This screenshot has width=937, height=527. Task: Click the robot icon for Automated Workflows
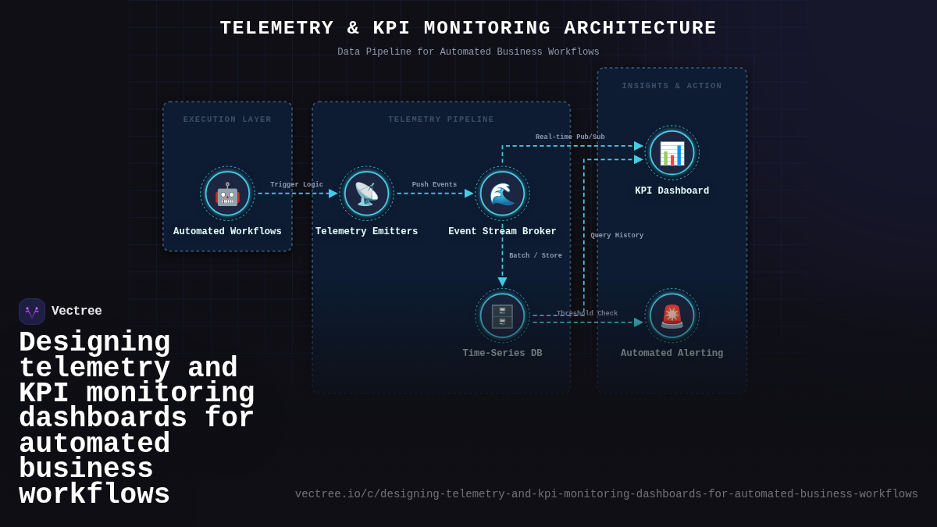click(227, 194)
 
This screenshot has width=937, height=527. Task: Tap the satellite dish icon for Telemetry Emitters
click(366, 194)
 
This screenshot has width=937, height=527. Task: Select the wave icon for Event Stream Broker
click(502, 194)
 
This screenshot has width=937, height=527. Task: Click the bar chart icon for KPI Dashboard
click(672, 153)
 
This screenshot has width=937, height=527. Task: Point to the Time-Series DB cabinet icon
click(502, 315)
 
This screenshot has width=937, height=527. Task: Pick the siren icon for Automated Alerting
click(672, 315)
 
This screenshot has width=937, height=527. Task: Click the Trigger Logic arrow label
click(297, 185)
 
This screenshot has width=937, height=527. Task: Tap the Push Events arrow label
click(434, 185)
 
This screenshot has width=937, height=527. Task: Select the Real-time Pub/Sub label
click(570, 137)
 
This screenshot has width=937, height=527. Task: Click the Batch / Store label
click(536, 256)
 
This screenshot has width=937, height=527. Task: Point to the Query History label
click(617, 236)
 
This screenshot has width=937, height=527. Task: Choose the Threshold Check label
click(587, 314)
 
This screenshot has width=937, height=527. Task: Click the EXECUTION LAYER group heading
click(227, 119)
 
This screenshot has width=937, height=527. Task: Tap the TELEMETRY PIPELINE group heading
click(441, 119)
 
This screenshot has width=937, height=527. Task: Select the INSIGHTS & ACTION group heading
click(672, 86)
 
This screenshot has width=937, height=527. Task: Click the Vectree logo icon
click(32, 312)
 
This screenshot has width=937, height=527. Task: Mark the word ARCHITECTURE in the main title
click(640, 28)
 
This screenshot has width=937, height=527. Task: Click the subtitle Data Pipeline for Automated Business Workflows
click(468, 52)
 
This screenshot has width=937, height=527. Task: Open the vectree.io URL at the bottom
click(606, 494)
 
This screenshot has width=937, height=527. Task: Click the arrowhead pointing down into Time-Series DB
click(502, 282)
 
